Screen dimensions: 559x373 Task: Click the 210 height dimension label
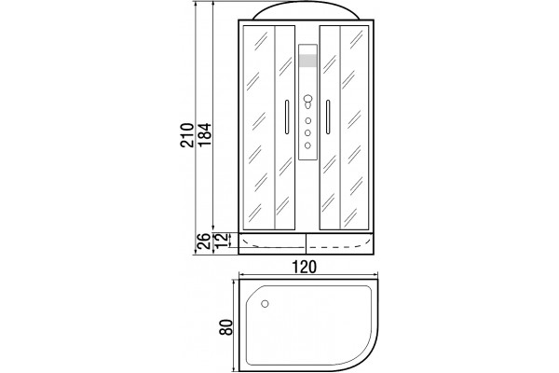187,135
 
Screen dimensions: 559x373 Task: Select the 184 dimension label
205,135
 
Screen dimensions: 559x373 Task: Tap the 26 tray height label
204,241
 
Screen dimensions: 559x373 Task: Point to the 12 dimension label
222,241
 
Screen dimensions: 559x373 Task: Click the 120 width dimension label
304,267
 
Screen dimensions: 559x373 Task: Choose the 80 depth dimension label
226,326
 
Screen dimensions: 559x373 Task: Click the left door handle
286,117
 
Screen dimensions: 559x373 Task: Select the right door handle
328,117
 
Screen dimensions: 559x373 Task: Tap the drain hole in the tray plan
265,304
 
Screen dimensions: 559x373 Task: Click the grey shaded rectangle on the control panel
308,61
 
